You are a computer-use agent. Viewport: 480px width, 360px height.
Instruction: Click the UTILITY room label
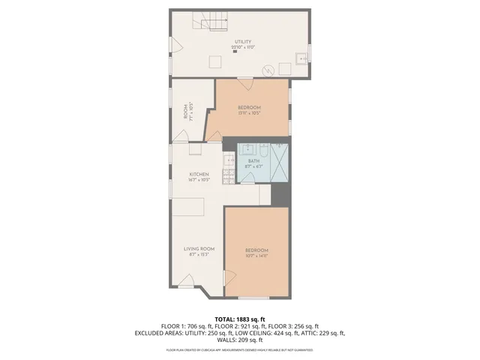pyautogui.click(x=242, y=41)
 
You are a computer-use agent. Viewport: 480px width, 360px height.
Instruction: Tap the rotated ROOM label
pyautogui.click(x=186, y=111)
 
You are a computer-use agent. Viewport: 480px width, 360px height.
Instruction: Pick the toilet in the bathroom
pyautogui.click(x=247, y=178)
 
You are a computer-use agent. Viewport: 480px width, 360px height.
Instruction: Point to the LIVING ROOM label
pyautogui.click(x=199, y=249)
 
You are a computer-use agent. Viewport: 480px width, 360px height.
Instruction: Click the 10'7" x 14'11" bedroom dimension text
pyautogui.click(x=256, y=255)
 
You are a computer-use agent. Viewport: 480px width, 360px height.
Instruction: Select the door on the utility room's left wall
pyautogui.click(x=175, y=45)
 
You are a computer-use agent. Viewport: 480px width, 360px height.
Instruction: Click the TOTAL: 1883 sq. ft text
pyautogui.click(x=239, y=319)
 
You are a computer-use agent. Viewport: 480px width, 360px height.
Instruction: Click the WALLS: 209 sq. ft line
pyautogui.click(x=239, y=339)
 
